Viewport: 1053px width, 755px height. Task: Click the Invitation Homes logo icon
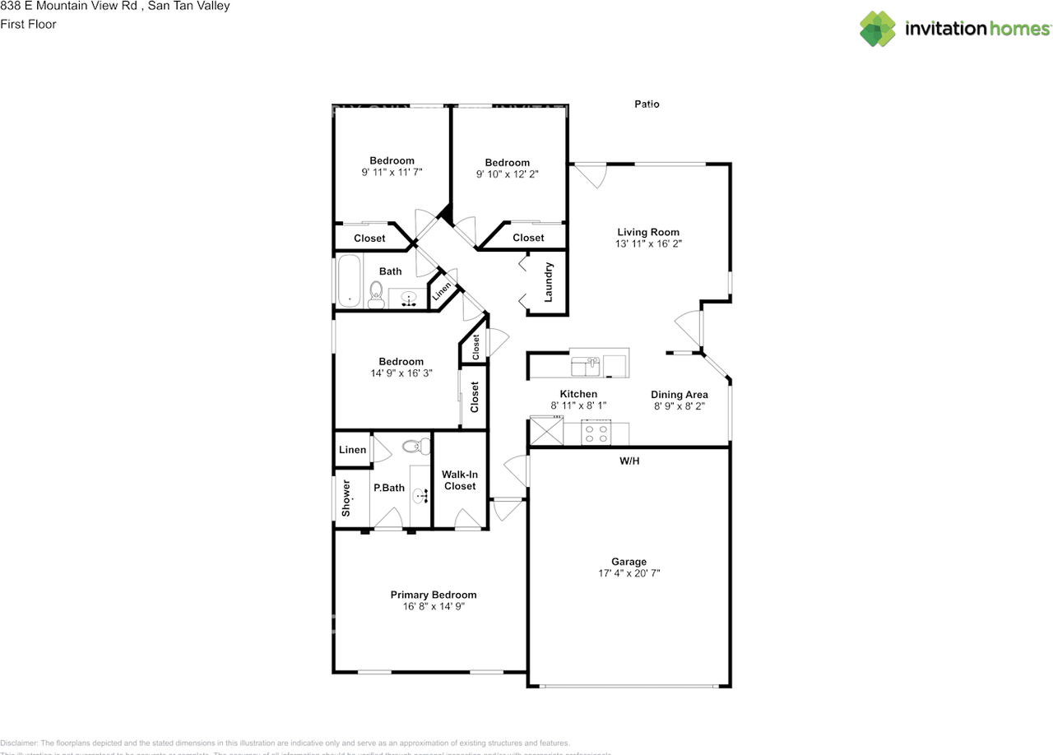coord(878,29)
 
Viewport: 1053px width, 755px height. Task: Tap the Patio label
coord(647,104)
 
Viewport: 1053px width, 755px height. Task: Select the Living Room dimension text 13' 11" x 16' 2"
coord(648,244)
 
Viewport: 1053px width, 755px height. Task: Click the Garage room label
coord(629,562)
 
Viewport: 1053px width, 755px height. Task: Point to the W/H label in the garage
coord(629,461)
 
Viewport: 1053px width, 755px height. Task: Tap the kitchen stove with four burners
coord(596,433)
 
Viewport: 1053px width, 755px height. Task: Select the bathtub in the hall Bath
coord(349,282)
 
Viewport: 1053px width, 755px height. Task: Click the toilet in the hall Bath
coord(376,294)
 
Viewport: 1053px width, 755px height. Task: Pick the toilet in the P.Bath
coord(413,447)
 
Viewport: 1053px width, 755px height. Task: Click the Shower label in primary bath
coord(346,498)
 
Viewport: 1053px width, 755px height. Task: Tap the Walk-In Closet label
coord(459,480)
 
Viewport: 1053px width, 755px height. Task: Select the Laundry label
coord(549,281)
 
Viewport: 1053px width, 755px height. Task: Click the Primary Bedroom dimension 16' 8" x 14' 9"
coord(433,607)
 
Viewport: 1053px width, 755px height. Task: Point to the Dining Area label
coord(680,395)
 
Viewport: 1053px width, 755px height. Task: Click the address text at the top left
coord(115,7)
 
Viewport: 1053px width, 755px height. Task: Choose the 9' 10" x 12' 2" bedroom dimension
coord(507,174)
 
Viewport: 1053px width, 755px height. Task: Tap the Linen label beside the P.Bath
coord(352,450)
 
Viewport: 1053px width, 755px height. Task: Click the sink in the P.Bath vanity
coord(420,495)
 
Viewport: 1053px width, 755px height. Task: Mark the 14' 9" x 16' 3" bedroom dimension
coord(401,373)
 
